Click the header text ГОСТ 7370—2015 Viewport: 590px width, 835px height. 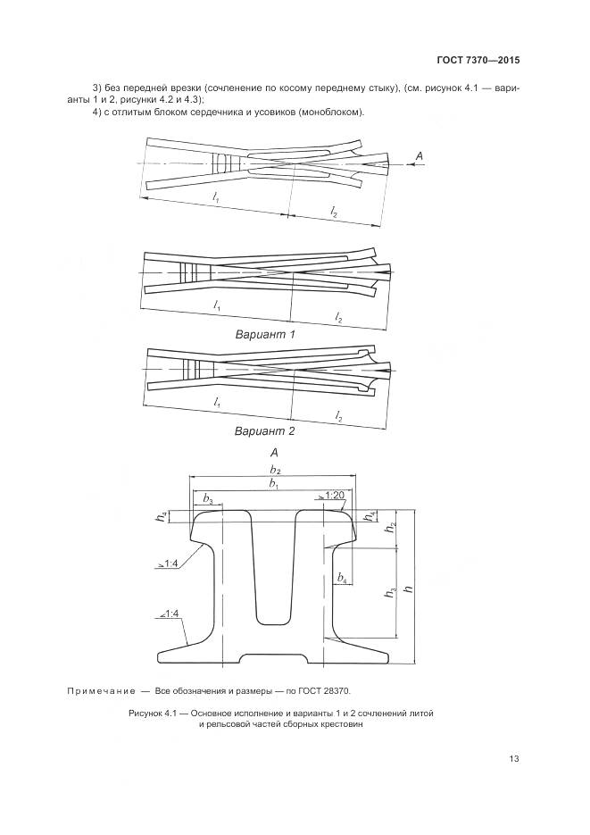coord(478,60)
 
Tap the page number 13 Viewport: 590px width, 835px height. coord(514,759)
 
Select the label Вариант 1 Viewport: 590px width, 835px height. coord(265,335)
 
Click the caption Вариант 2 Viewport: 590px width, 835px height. coord(265,430)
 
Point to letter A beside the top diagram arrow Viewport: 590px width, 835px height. coord(419,156)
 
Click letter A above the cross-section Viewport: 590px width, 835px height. coord(274,453)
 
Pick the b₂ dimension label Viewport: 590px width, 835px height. coord(275,470)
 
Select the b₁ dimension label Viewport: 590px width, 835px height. coord(275,484)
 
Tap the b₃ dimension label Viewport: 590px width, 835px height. coord(208,499)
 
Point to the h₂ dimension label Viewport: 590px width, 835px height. coord(391,528)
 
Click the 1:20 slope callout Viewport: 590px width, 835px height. coord(332,496)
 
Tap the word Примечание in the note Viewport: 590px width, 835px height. coord(101,691)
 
